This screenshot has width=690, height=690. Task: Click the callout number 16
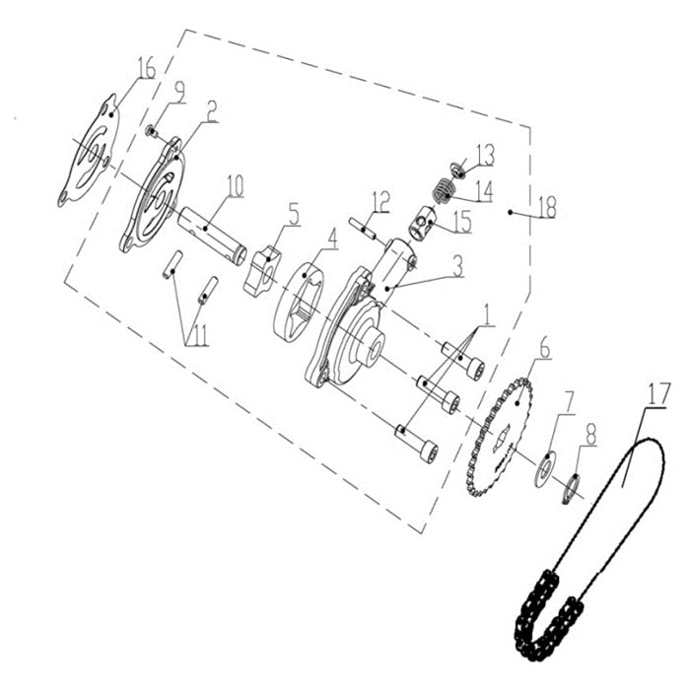(147, 69)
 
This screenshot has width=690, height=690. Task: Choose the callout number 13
(485, 155)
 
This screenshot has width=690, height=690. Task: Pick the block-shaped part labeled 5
(262, 269)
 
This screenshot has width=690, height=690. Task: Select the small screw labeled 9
(153, 130)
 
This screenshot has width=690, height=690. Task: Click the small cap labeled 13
(456, 166)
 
